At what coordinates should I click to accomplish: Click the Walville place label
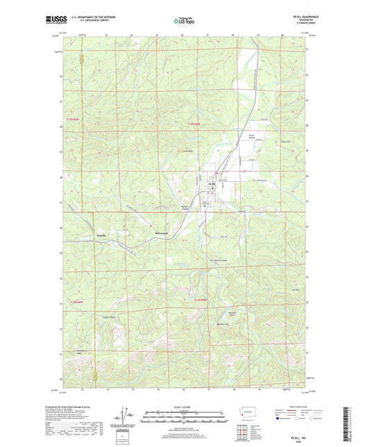101,235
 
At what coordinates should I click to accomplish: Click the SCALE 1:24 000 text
185,407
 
